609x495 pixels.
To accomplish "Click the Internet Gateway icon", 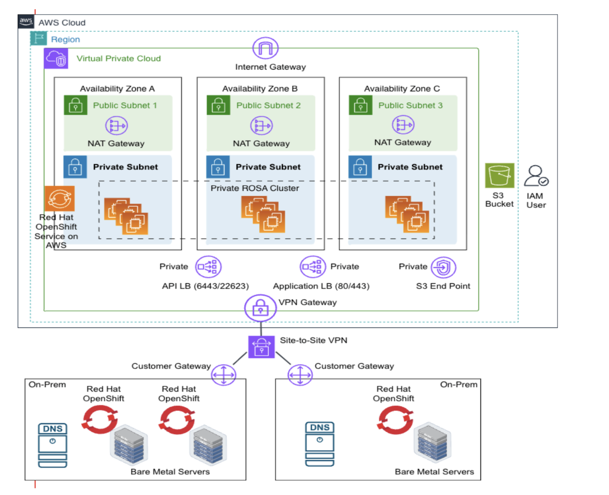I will (x=265, y=48).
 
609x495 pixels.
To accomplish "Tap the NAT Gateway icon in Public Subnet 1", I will (x=116, y=125).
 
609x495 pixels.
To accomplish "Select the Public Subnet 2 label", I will (x=268, y=105).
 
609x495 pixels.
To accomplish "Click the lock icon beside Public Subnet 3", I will (x=360, y=105).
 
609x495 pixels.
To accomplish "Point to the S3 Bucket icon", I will (x=499, y=175).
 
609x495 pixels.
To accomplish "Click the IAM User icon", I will (x=535, y=176).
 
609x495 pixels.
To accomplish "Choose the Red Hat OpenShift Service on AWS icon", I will (x=60, y=198).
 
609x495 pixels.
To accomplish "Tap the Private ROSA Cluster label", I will (x=254, y=188).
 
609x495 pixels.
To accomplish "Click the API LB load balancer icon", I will (x=208, y=267).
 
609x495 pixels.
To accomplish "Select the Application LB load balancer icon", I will (x=313, y=267).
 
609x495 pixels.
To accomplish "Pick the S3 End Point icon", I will (x=443, y=268).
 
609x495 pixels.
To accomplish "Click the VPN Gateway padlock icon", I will (x=260, y=308).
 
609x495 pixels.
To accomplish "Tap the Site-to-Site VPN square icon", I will (x=261, y=347).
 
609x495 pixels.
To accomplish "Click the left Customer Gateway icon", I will (x=224, y=375).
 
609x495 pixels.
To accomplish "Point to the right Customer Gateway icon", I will (x=300, y=375).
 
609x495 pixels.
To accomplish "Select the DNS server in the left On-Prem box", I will (x=52, y=445).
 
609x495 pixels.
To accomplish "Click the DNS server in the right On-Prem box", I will (x=320, y=444).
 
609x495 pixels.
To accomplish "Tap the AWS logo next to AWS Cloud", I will (x=26, y=22).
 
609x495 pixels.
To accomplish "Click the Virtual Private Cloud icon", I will (x=56, y=59).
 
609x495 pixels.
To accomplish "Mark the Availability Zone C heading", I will (x=402, y=89).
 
